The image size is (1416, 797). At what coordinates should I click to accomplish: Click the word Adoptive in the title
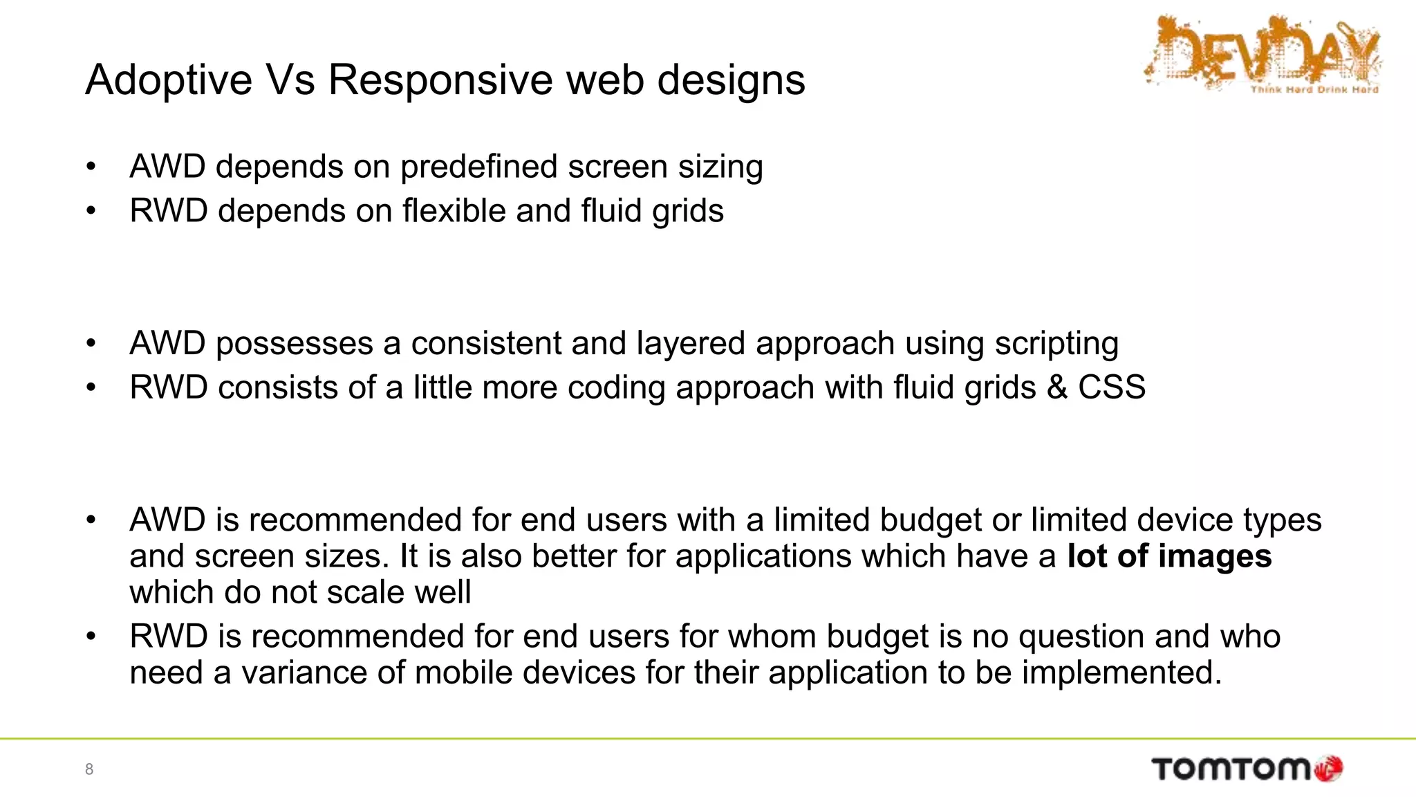click(x=169, y=80)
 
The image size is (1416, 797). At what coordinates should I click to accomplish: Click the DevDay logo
click(x=1262, y=55)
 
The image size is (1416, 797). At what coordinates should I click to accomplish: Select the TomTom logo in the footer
click(x=1231, y=769)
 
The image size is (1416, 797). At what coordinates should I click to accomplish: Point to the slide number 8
click(x=89, y=769)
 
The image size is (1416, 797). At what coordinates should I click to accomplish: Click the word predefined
click(x=478, y=167)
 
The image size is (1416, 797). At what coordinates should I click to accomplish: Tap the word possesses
click(x=294, y=344)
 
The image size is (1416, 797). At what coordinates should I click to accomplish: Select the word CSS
click(x=1111, y=387)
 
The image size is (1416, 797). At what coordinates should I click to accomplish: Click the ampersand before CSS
click(x=1056, y=387)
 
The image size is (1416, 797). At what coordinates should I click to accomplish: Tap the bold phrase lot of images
click(x=1169, y=556)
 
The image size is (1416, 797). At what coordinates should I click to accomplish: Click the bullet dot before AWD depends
click(x=91, y=167)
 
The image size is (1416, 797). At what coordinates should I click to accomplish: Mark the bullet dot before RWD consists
click(x=91, y=387)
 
